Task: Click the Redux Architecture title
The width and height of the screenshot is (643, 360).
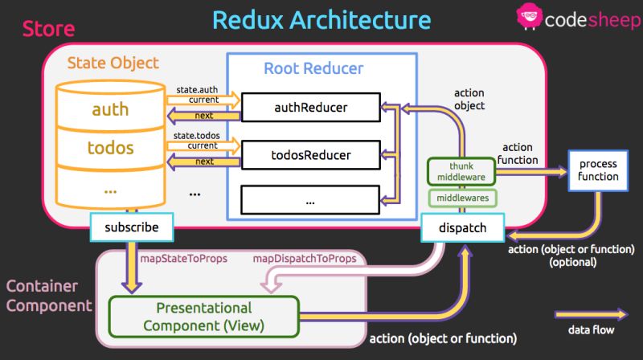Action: pyautogui.click(x=321, y=19)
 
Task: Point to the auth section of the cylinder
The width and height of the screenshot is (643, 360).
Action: pyautogui.click(x=110, y=108)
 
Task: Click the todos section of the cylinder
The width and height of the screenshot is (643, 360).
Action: pyautogui.click(x=110, y=148)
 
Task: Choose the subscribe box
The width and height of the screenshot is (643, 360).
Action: pyautogui.click(x=130, y=227)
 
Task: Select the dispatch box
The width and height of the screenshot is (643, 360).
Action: pyautogui.click(x=462, y=227)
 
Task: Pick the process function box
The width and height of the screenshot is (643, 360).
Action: pyautogui.click(x=598, y=170)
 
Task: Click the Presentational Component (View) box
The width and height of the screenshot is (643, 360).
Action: pyautogui.click(x=203, y=316)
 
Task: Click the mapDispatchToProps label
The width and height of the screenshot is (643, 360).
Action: pyautogui.click(x=304, y=259)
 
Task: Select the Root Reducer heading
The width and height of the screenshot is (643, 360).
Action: pyautogui.click(x=313, y=68)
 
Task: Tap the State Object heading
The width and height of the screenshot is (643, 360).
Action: pyautogui.click(x=113, y=63)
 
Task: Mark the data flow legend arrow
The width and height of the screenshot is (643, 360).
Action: pyautogui.click(x=591, y=314)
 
